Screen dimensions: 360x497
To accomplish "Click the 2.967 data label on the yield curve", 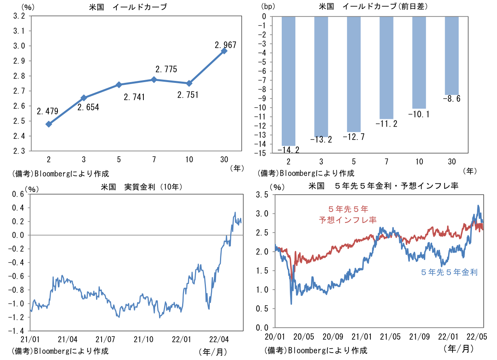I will pos(225,45).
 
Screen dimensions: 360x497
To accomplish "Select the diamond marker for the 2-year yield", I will pos(49,124).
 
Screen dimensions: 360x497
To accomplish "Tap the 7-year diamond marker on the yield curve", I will pos(154,80).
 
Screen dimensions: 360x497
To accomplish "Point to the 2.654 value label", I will pos(88,107).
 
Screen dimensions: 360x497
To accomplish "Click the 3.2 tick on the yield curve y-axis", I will pos(20,16).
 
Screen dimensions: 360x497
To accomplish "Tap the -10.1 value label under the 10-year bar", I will pos(419,114).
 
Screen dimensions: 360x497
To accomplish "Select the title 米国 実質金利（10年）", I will pos(141,187).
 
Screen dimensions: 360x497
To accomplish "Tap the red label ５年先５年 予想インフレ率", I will pos(347,215).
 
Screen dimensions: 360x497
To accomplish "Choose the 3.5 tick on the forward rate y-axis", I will pos(264,195).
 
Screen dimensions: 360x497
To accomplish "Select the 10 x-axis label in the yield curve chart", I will pos(189,159).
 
